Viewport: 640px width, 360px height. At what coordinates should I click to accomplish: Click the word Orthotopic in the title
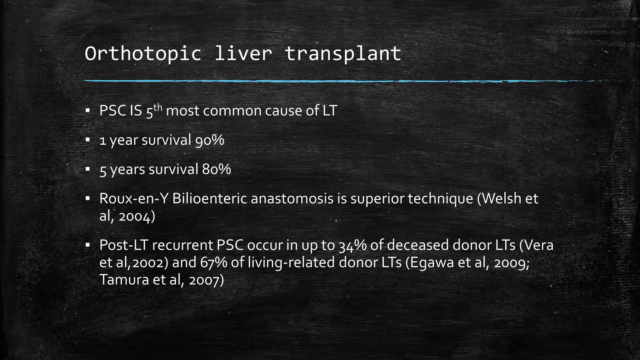tap(142, 54)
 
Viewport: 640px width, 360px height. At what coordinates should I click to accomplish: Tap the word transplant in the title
tap(343, 54)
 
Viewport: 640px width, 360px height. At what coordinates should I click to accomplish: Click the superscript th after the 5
tap(158, 107)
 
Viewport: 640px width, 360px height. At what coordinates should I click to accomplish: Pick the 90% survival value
tap(210, 140)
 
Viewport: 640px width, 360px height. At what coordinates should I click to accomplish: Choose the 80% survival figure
tap(216, 170)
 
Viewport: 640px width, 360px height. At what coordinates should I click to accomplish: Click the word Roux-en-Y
tap(134, 199)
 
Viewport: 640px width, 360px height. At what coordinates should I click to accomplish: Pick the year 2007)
tap(206, 280)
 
